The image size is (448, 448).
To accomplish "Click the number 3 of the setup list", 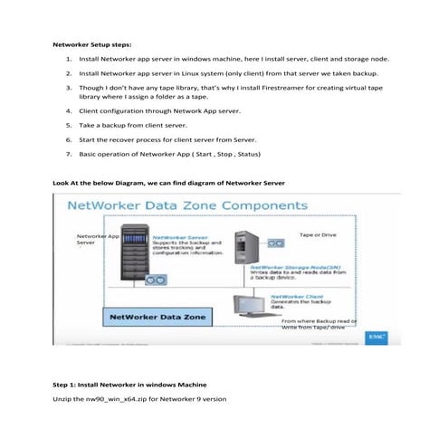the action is pyautogui.click(x=69, y=89).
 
